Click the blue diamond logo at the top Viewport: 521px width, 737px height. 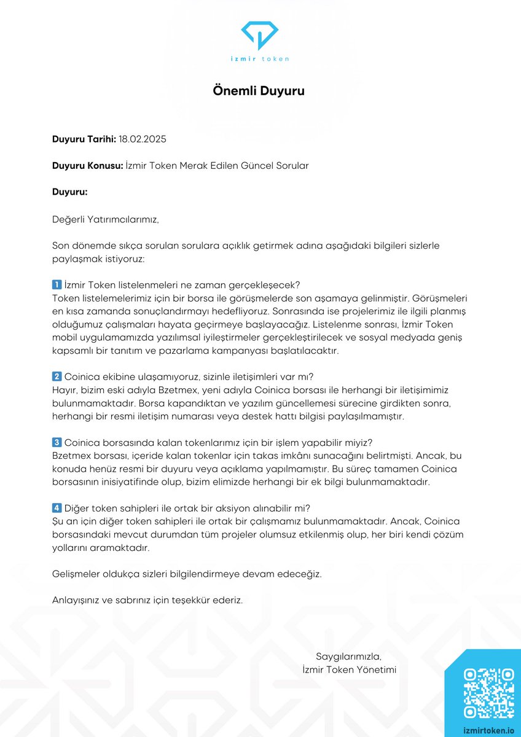click(260, 35)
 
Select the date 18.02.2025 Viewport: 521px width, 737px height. click(143, 139)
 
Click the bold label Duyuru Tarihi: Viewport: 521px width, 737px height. click(84, 139)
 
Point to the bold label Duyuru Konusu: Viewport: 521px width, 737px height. click(87, 166)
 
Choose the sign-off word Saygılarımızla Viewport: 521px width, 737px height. click(348, 657)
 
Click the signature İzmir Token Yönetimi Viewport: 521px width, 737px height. click(349, 669)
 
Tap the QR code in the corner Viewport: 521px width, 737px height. click(488, 693)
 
